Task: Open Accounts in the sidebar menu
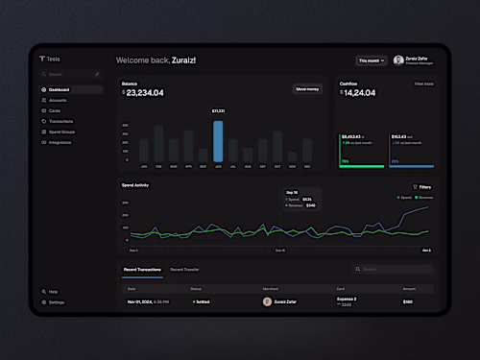[x=58, y=100]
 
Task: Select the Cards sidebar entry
[x=55, y=110]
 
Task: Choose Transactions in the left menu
[x=60, y=121]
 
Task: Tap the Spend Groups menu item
[x=61, y=132]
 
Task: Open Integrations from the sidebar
[x=60, y=142]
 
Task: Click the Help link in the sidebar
[x=53, y=291]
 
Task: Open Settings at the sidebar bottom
[x=56, y=301]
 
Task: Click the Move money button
[x=307, y=89]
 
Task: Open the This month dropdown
[x=372, y=60]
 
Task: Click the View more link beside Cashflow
[x=423, y=84]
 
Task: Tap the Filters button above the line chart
[x=422, y=186]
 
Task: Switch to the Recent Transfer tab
[x=185, y=270]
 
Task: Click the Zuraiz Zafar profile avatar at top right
[x=398, y=60]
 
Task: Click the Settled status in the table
[x=202, y=301]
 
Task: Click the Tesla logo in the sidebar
[x=49, y=59]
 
